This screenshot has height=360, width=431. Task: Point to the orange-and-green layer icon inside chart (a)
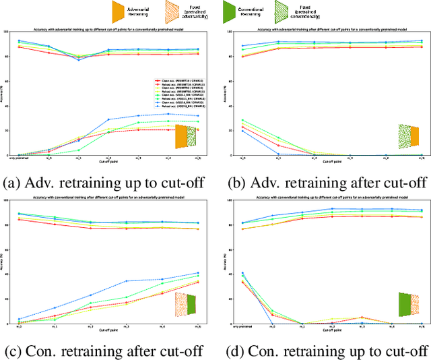tap(185, 136)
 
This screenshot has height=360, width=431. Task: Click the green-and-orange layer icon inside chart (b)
tap(408, 136)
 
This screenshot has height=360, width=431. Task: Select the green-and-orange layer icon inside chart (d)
tap(408, 304)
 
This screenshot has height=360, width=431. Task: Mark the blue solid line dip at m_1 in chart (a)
tap(77, 60)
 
